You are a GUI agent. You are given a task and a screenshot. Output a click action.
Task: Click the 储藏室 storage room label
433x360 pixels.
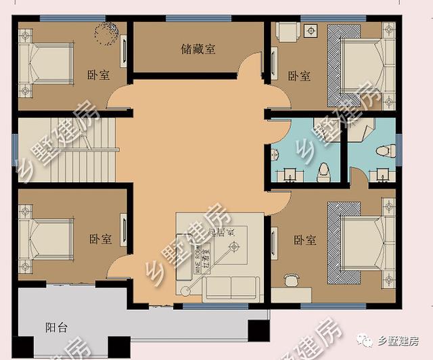[198, 49]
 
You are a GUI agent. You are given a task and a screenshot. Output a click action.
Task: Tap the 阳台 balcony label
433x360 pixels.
[57, 328]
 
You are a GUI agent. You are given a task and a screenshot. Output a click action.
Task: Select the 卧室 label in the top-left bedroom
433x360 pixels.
[98, 75]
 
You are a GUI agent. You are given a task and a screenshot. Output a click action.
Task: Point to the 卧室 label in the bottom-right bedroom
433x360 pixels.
[304, 240]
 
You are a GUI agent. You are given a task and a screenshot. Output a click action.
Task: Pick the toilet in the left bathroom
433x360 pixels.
[324, 169]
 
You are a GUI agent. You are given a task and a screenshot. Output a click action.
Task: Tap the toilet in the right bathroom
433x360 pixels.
[382, 150]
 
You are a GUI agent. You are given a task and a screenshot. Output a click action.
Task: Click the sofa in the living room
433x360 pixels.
[233, 288]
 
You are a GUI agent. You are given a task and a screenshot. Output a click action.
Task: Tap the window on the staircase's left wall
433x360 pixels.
[14, 150]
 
